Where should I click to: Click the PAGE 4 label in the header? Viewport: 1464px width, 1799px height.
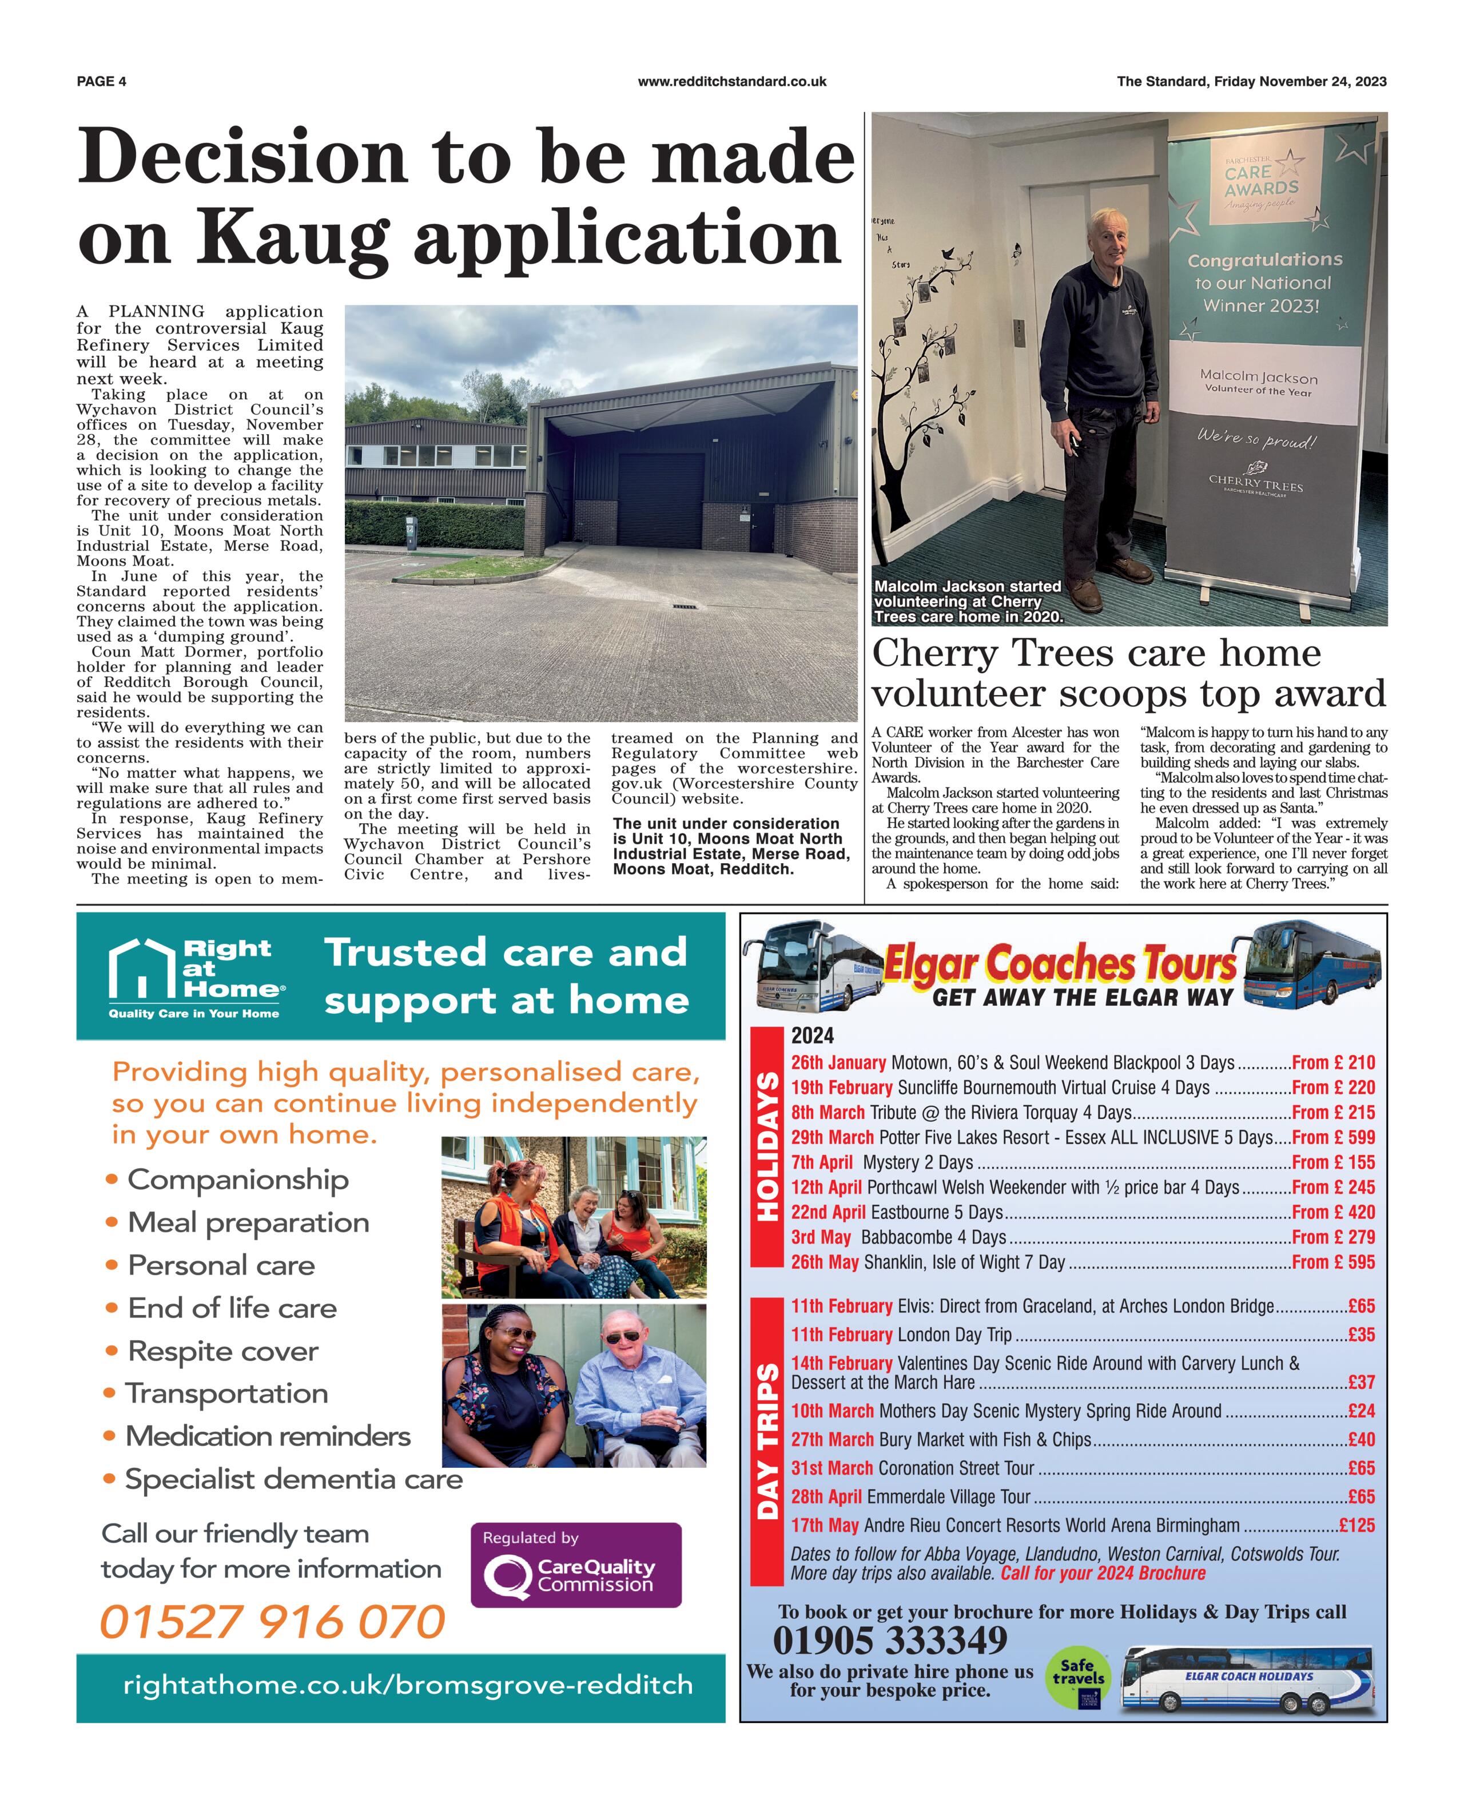tap(101, 82)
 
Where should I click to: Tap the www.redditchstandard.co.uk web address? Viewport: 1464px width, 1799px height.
tap(731, 82)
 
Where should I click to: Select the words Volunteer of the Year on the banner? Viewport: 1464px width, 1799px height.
tap(1258, 391)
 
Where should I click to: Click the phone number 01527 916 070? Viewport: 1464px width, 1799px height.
tap(272, 1622)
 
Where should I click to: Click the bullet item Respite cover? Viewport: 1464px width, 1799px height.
tap(222, 1351)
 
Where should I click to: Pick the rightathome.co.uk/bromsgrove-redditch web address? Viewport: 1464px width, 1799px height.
tap(407, 1686)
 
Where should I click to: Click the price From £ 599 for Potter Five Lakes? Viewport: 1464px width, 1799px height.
tap(1332, 1137)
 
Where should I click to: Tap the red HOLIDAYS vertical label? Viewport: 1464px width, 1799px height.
tap(767, 1146)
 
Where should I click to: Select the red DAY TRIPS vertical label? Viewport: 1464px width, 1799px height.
tap(767, 1441)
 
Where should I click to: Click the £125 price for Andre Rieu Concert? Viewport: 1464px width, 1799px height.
tap(1357, 1525)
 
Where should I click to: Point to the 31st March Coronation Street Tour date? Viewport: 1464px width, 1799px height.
tap(832, 1468)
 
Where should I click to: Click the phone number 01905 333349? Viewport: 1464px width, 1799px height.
tap(890, 1641)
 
